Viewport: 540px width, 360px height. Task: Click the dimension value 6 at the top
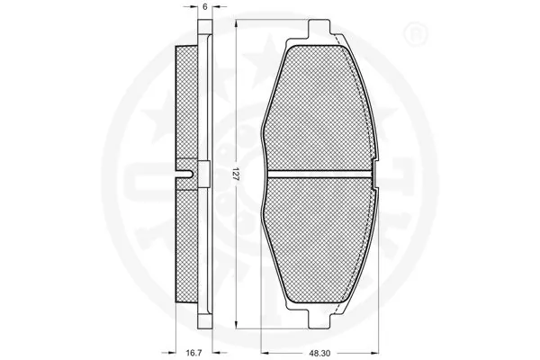pos(205,7)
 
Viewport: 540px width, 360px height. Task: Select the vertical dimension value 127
pos(236,175)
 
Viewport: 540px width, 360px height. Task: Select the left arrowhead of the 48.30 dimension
pos(262,352)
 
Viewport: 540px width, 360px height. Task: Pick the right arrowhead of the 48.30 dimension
pos(377,352)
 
